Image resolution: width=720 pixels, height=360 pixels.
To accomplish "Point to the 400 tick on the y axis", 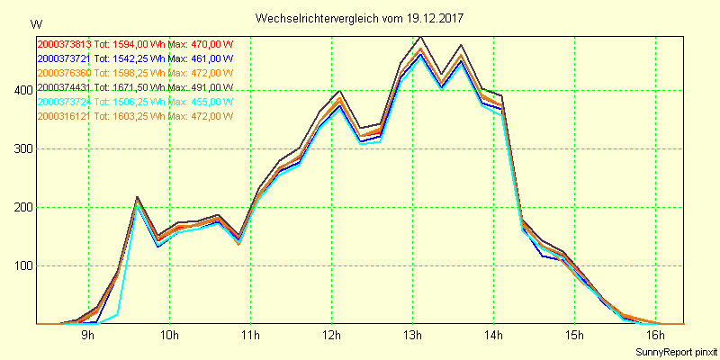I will click(x=21, y=91).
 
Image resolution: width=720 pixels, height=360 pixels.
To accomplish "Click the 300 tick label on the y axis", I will click(x=21, y=149).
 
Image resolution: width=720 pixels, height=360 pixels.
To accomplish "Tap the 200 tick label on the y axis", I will click(x=21, y=208).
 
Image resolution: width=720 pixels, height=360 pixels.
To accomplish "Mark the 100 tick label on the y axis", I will click(x=21, y=266).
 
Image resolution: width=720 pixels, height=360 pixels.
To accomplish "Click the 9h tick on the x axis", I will click(x=88, y=336).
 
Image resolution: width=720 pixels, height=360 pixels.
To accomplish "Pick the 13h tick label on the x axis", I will click(x=413, y=336).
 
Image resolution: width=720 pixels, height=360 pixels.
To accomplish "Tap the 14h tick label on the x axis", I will click(x=494, y=336).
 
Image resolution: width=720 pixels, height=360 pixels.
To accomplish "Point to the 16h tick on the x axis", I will click(x=656, y=336).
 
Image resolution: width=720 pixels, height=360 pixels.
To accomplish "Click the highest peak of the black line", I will click(x=420, y=38).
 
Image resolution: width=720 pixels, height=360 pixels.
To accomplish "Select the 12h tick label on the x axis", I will click(x=331, y=336).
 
